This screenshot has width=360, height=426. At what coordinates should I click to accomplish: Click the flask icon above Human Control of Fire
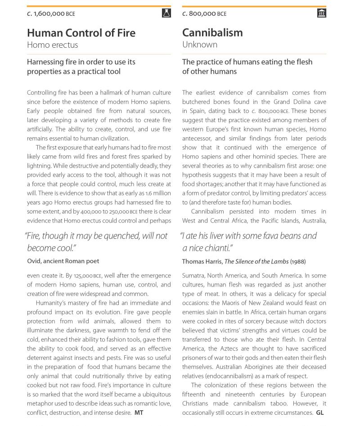pos(166,13)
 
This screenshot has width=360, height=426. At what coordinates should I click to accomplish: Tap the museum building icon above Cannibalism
pos(321,13)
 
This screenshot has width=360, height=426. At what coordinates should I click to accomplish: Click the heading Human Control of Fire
pos(81,33)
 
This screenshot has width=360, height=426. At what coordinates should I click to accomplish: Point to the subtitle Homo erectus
pos(52,45)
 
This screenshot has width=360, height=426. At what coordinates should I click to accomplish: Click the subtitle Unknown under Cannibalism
pos(200,45)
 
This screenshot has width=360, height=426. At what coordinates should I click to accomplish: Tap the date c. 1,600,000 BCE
pos(51,14)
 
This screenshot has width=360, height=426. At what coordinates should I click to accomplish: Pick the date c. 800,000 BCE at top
pos(204,14)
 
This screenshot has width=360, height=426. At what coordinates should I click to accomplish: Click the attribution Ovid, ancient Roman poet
pos(63,261)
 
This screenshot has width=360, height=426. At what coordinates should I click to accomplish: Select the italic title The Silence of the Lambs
pos(256,262)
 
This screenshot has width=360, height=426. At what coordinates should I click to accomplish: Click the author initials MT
pos(139,413)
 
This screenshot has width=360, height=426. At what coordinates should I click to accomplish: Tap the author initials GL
pos(320,412)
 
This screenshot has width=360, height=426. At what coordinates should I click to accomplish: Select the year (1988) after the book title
pos(298,262)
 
